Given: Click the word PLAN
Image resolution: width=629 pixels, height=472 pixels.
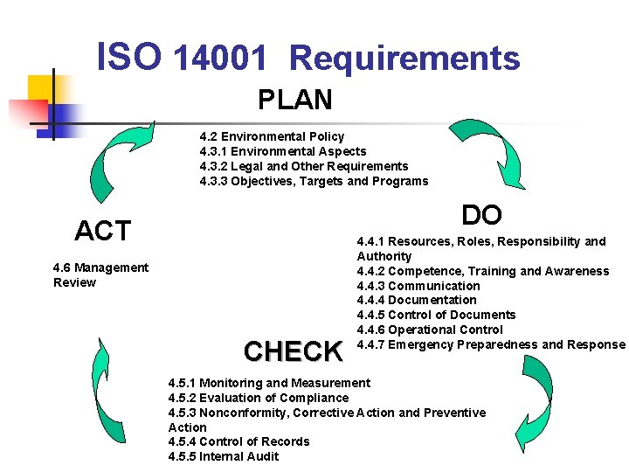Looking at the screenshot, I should (295, 100).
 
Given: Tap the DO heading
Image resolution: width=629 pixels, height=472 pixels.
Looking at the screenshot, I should (481, 215).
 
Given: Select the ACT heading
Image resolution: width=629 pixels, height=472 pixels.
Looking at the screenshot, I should (103, 231).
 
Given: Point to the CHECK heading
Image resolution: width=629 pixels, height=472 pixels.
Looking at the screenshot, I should (294, 351).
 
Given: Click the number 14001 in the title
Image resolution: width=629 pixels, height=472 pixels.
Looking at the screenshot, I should (219, 59).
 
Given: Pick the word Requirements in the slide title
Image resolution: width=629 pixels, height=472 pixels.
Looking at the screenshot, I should (404, 59).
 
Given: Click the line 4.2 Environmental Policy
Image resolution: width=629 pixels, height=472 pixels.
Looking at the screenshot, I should (272, 136).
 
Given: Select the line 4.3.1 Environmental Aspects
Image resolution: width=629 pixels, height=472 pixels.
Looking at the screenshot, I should (283, 151).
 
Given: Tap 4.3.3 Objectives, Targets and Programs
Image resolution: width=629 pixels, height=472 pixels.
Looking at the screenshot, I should (314, 181).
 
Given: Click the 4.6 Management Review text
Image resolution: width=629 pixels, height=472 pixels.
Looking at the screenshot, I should (100, 274).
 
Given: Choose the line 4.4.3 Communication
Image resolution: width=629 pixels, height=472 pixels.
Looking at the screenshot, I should (418, 286).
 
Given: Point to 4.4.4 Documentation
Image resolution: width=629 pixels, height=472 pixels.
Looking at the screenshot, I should (417, 300).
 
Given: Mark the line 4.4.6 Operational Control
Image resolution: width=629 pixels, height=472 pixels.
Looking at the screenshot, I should (430, 330).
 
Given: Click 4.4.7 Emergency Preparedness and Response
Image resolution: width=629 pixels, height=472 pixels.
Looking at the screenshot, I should (491, 344).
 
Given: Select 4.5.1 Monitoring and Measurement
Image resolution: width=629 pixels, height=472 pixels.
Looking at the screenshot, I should (269, 383).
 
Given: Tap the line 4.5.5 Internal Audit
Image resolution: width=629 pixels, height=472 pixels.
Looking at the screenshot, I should (224, 456).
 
